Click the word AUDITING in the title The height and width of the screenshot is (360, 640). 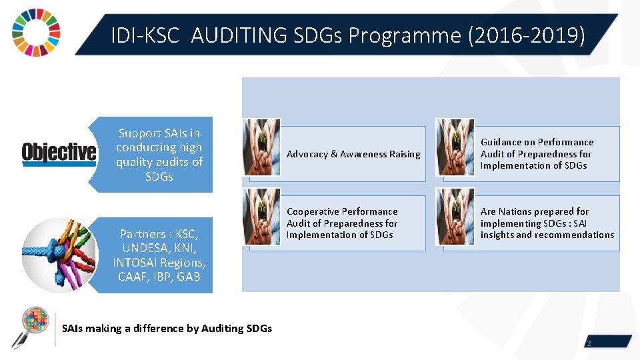[234, 35]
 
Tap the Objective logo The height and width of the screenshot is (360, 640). [59, 153]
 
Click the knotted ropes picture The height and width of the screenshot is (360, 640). [59, 255]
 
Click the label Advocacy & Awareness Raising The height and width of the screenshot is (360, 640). [353, 154]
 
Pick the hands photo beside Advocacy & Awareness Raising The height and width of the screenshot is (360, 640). [262, 147]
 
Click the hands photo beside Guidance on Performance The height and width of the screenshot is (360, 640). [455, 147]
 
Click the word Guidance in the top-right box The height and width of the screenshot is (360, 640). [501, 142]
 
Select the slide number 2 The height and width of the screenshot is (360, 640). [589, 343]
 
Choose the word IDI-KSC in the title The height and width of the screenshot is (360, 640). [145, 35]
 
